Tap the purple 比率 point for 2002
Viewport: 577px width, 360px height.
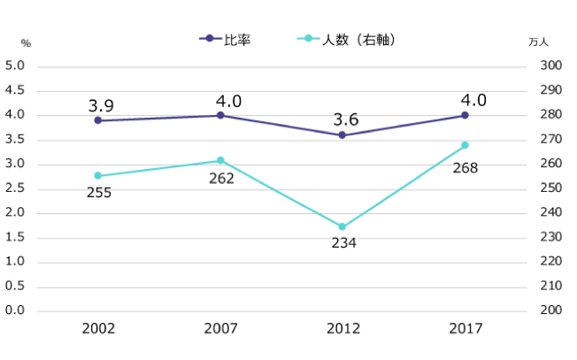click(x=98, y=120)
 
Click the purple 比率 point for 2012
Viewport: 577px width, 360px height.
click(x=342, y=135)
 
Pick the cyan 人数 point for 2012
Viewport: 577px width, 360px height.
click(x=342, y=227)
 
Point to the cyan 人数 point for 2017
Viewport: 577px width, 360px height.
click(x=465, y=145)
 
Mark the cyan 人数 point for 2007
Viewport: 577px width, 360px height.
click(x=220, y=160)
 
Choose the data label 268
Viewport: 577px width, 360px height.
click(x=465, y=167)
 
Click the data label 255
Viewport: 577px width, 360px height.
click(x=98, y=192)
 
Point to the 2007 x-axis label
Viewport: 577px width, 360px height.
click(x=220, y=328)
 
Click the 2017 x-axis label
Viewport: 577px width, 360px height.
click(x=465, y=328)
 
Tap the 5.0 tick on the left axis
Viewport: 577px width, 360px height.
click(x=14, y=66)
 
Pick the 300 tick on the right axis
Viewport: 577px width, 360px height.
click(x=550, y=66)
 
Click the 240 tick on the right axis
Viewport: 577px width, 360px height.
click(x=550, y=213)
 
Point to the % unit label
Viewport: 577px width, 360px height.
click(x=26, y=42)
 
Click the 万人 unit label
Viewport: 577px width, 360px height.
click(x=539, y=42)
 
